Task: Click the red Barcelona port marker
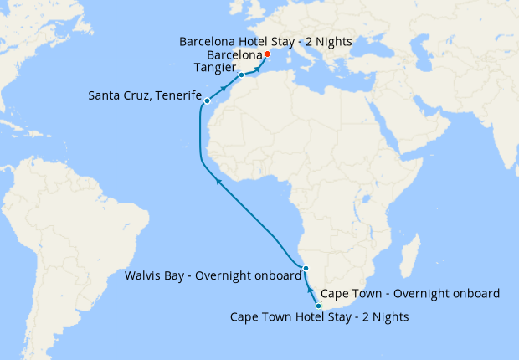(267, 54)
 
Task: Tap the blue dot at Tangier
(241, 75)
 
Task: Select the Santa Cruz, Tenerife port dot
(207, 101)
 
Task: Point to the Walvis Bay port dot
(306, 269)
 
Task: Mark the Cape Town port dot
(318, 306)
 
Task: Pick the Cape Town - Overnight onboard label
(410, 293)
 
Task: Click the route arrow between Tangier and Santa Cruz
(224, 87)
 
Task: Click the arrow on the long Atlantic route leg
(218, 179)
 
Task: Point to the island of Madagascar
(411, 251)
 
